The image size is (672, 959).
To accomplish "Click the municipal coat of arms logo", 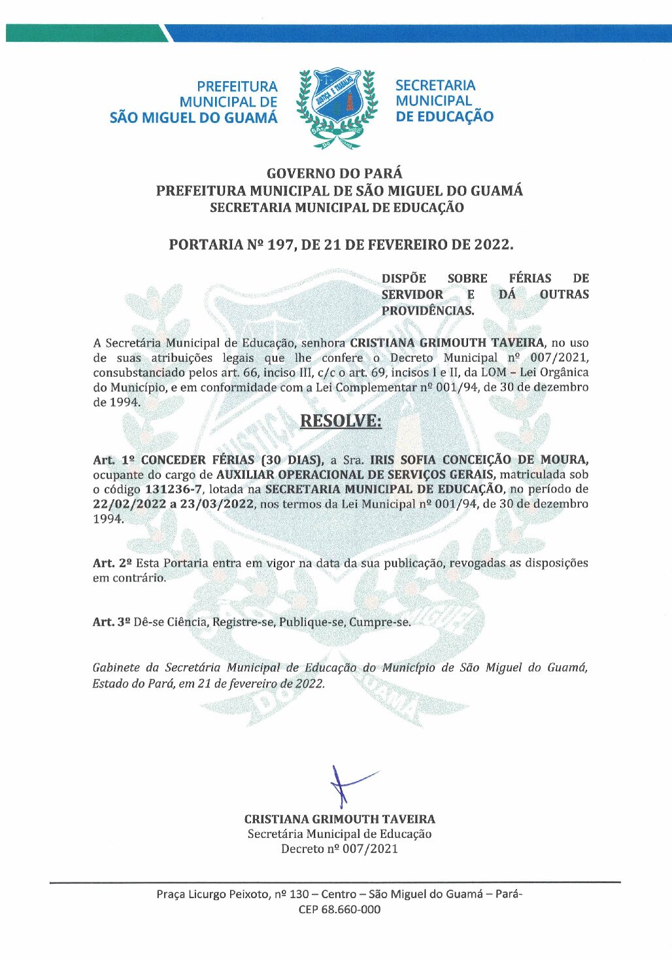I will tap(337, 107).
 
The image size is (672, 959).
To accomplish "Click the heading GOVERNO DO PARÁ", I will tap(335, 173).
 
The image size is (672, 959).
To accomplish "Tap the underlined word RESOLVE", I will tap(340, 421).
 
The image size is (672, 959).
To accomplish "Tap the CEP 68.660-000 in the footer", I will tap(339, 909).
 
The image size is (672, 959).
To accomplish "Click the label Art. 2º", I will tap(112, 563).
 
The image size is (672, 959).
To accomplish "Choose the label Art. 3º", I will tap(111, 622).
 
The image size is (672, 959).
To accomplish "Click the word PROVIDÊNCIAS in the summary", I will tap(428, 311).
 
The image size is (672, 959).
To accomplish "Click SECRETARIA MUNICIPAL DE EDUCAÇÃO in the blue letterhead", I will tap(444, 101).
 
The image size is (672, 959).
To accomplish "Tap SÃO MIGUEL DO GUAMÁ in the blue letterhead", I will tap(193, 118).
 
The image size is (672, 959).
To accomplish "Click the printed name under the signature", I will tap(339, 819).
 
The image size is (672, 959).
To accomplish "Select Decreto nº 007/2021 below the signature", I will tap(339, 849).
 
